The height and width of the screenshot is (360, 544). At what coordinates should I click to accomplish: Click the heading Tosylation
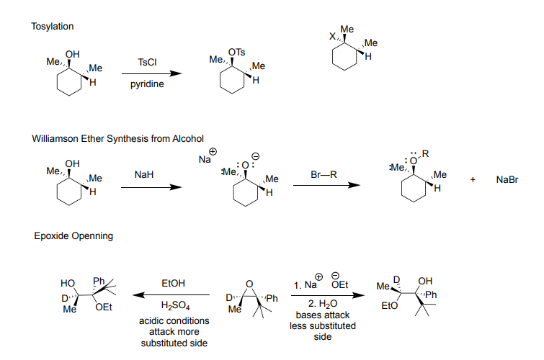pyautogui.click(x=53, y=27)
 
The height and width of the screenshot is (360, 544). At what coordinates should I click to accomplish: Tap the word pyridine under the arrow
pyautogui.click(x=147, y=85)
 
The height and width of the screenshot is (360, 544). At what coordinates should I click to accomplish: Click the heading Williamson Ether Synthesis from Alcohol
pyautogui.click(x=118, y=138)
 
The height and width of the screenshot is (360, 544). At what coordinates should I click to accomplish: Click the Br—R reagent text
pyautogui.click(x=324, y=175)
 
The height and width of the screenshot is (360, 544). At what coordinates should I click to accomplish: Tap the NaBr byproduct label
pyautogui.click(x=507, y=179)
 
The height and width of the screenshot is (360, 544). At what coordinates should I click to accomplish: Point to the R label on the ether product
pyautogui.click(x=425, y=153)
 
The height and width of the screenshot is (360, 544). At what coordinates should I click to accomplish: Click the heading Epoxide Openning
pyautogui.click(x=73, y=235)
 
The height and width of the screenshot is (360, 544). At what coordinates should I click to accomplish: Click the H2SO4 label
pyautogui.click(x=172, y=306)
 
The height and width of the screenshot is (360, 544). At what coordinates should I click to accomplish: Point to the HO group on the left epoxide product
pyautogui.click(x=68, y=284)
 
